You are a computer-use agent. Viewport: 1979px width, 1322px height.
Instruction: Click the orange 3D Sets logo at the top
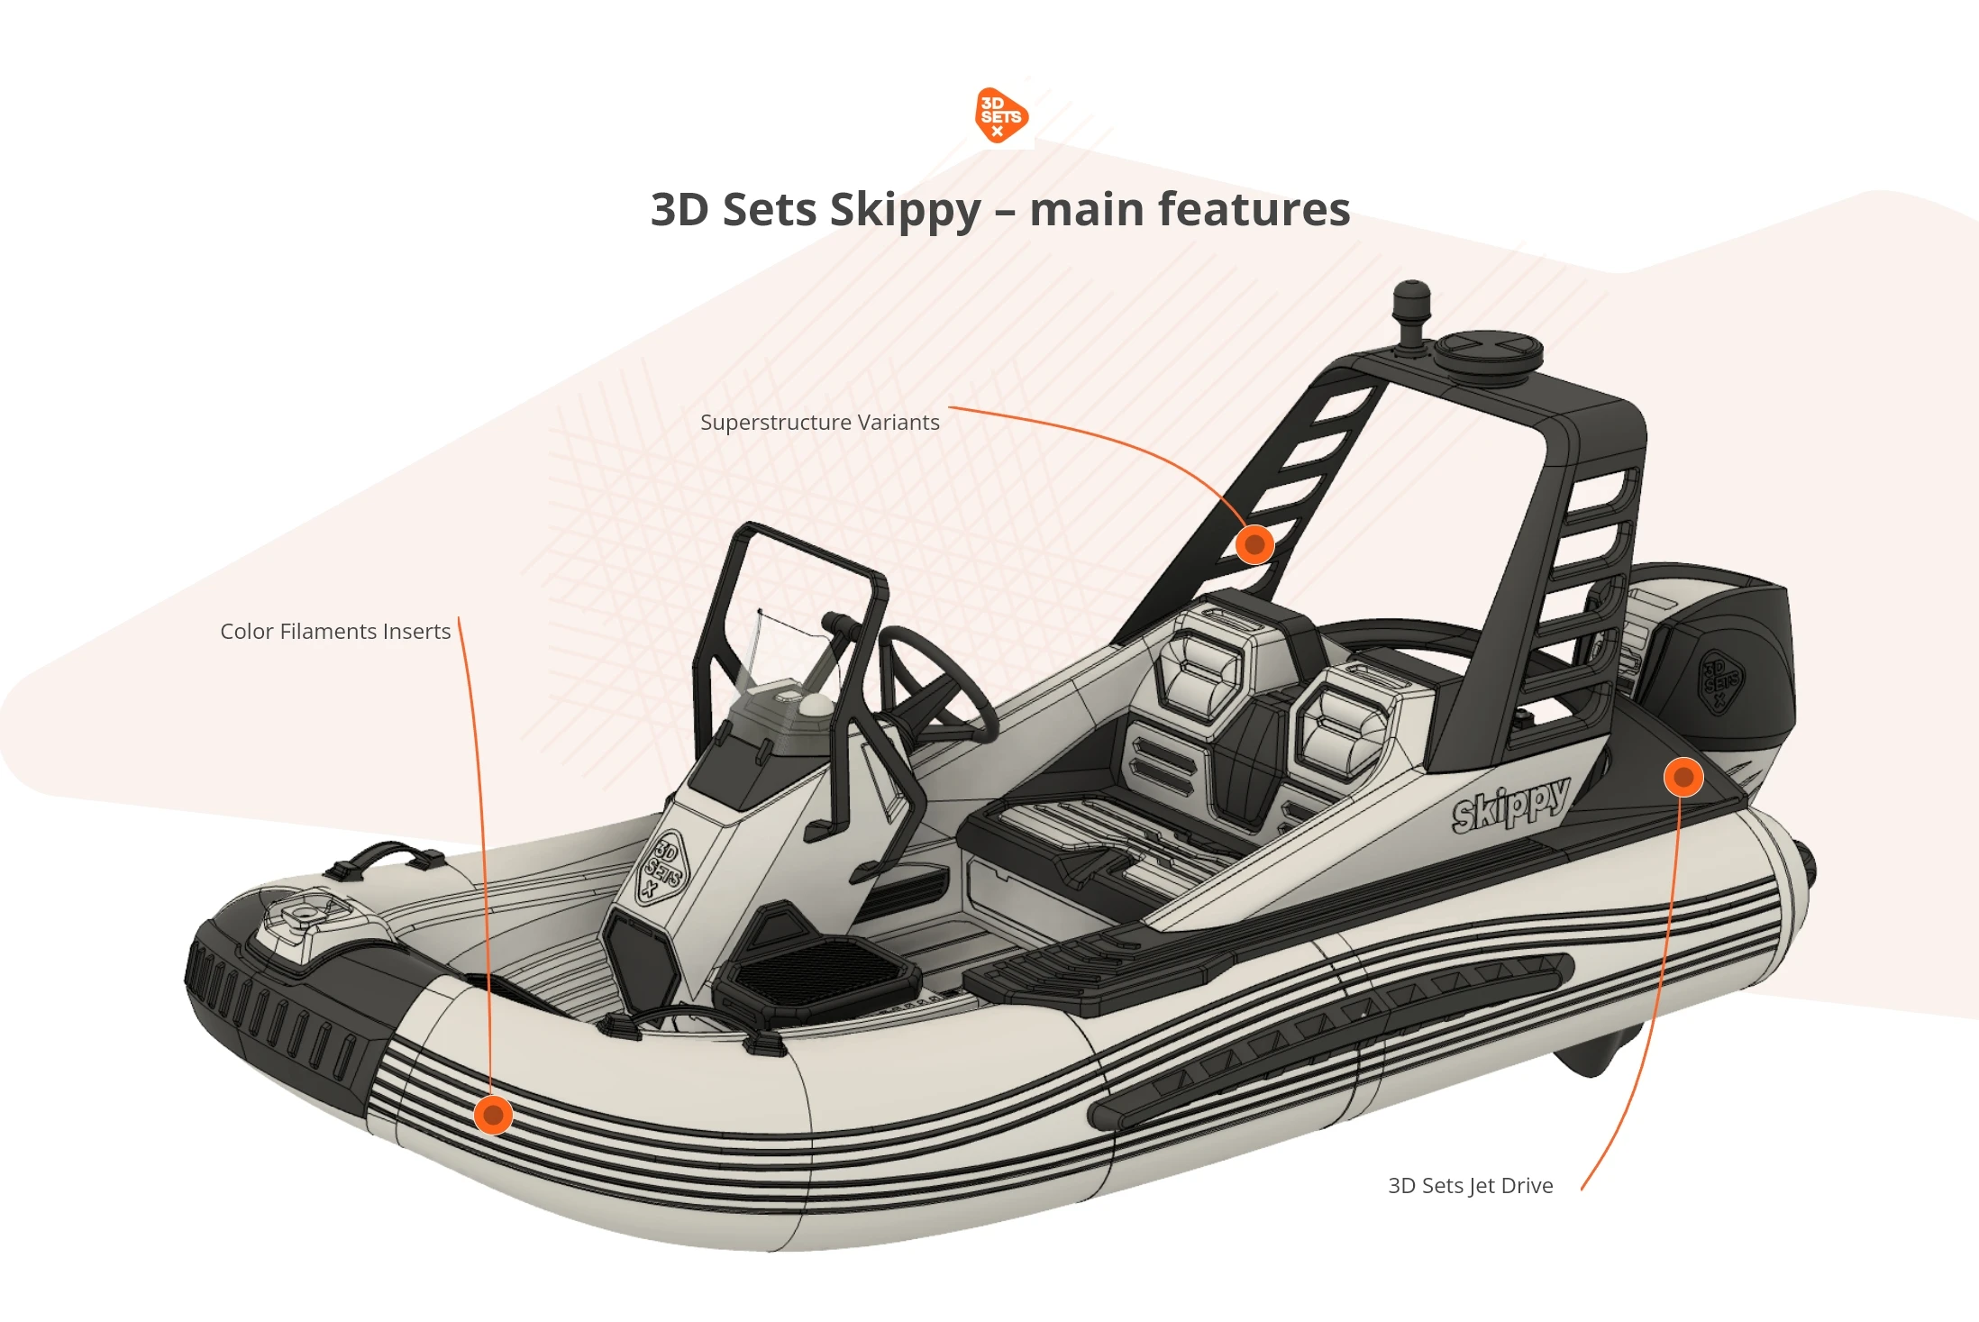pos(1000,115)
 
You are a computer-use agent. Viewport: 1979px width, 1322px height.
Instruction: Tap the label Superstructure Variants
pos(819,423)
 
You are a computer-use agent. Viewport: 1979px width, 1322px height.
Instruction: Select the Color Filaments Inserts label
pos(335,632)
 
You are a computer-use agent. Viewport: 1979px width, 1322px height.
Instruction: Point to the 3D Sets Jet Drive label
pos(1470,1186)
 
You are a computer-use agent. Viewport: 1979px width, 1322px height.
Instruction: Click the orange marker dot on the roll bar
pos(1254,544)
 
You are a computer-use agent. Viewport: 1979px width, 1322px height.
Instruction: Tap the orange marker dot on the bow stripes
pos(493,1116)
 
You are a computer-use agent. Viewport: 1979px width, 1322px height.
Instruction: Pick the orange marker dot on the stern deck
pos(1683,777)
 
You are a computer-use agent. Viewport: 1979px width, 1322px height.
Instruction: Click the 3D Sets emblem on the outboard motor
pos(1719,679)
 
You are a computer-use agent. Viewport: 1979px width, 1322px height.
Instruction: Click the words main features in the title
pos(1190,211)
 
